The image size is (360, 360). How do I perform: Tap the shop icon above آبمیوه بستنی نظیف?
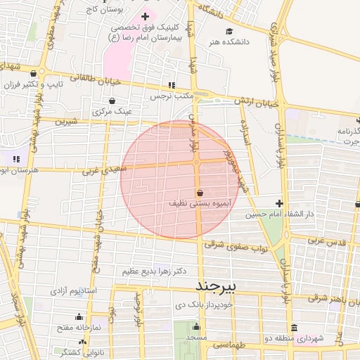(x=200, y=193)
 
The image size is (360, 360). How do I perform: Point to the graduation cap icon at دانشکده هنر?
(x=230, y=32)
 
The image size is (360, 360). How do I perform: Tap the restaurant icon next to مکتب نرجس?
(x=172, y=85)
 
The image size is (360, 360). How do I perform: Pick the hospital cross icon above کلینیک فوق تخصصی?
(x=146, y=16)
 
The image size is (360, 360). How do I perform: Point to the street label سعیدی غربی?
(x=103, y=169)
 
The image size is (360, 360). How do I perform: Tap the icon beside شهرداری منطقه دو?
(x=293, y=328)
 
